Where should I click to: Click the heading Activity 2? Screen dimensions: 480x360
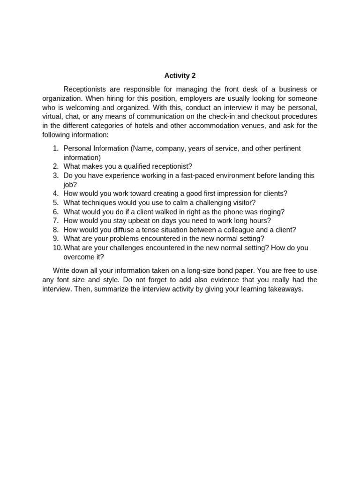[180, 75]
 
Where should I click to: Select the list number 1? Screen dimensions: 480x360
[56, 149]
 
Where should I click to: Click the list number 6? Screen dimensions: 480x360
[56, 212]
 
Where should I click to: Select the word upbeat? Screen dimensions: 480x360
[136, 221]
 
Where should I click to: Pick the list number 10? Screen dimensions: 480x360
[57, 248]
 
